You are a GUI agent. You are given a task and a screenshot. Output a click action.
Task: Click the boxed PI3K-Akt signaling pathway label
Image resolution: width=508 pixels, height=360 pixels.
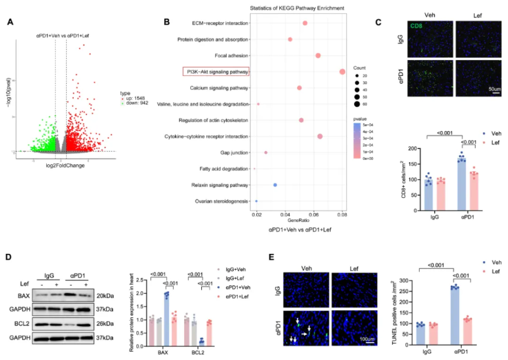click(x=216, y=71)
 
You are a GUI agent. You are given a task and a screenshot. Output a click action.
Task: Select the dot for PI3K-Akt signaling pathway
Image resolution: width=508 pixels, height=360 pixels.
click(x=343, y=72)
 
